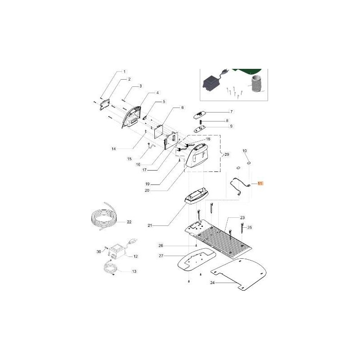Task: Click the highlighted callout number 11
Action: point(261,184)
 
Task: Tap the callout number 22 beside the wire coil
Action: point(129,222)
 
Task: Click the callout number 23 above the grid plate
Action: point(242,217)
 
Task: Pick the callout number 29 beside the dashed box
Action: point(227,154)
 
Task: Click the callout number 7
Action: point(231,111)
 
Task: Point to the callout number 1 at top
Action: point(125,72)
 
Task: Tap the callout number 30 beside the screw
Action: point(98,251)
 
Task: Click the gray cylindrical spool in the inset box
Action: point(256,85)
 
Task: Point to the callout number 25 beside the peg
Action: point(250,227)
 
